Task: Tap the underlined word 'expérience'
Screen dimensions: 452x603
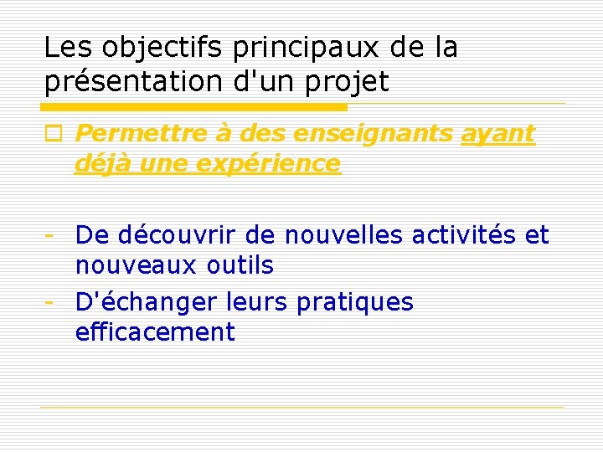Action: (x=268, y=163)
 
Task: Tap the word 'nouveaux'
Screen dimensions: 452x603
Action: (x=128, y=266)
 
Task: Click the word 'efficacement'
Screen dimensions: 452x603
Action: (x=155, y=332)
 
